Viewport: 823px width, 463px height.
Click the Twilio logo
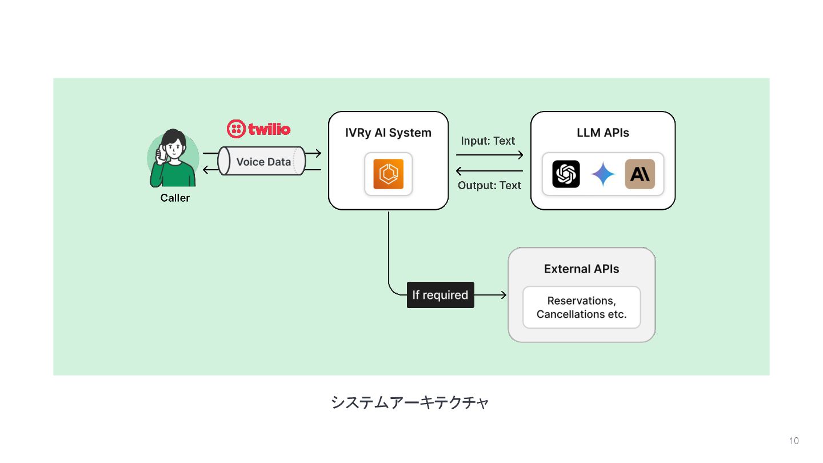tap(259, 129)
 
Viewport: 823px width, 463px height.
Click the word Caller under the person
tap(175, 198)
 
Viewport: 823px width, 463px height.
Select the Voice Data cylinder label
tap(263, 162)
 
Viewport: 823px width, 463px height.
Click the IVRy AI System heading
tap(388, 133)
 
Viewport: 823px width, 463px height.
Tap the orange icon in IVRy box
tap(388, 174)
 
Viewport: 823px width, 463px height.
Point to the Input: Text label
tap(488, 141)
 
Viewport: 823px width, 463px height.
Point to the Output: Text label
tap(490, 185)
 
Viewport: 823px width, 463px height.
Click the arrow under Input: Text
tap(490, 155)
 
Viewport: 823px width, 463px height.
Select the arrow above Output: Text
tap(490, 171)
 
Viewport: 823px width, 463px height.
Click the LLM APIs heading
tap(603, 133)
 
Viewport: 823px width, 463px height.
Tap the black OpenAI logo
tap(566, 174)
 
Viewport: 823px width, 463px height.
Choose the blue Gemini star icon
tap(603, 174)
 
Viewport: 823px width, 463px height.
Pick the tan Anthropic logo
tap(640, 174)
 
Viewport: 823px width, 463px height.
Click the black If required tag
tap(440, 295)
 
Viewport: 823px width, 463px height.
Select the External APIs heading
tap(581, 269)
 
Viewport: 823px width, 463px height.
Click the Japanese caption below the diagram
tap(410, 402)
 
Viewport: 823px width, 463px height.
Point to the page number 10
tap(794, 441)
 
